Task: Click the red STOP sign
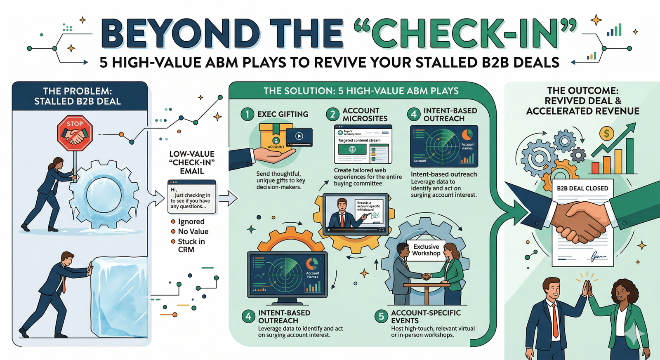(x=75, y=133)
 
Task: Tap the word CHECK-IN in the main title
(x=465, y=34)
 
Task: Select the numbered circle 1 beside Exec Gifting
(x=247, y=114)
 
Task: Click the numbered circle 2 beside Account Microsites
(x=332, y=114)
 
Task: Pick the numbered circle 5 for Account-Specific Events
(x=381, y=316)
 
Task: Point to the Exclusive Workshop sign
(x=426, y=250)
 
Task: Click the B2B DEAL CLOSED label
(x=582, y=188)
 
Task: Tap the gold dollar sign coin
(x=606, y=133)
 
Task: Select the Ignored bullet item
(x=191, y=221)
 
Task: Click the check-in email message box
(x=192, y=197)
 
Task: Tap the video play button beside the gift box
(x=299, y=136)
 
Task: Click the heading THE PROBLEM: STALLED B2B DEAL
(x=78, y=96)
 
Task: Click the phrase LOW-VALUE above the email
(x=192, y=154)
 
